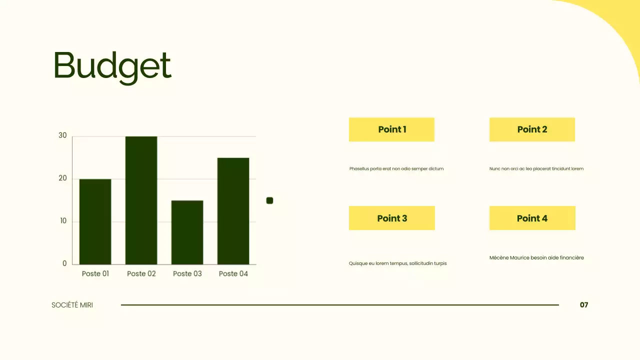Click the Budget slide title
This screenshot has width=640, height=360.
click(x=112, y=66)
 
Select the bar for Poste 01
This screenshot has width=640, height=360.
click(x=95, y=221)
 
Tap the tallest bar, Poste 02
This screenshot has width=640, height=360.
click(x=141, y=200)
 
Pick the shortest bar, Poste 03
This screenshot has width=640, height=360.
click(x=187, y=232)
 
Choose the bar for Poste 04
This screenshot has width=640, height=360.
click(x=233, y=211)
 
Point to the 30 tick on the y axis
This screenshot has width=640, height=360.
click(x=62, y=135)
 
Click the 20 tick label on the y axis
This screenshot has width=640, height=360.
click(x=62, y=178)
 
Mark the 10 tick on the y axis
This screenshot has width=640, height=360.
click(x=63, y=221)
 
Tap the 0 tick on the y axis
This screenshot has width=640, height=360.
click(x=64, y=263)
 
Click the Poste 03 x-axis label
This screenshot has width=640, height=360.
click(x=187, y=273)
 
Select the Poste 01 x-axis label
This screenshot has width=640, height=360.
click(x=95, y=273)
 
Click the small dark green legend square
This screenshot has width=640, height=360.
click(x=269, y=200)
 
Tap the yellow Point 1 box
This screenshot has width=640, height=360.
click(x=391, y=129)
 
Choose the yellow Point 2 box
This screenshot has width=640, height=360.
click(x=532, y=129)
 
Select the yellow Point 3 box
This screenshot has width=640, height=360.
click(x=392, y=218)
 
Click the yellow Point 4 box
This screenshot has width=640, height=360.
click(x=532, y=218)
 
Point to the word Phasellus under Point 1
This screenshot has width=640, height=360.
click(x=359, y=169)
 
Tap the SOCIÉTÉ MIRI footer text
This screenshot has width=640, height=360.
click(x=72, y=305)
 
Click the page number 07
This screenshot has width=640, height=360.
click(x=584, y=305)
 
